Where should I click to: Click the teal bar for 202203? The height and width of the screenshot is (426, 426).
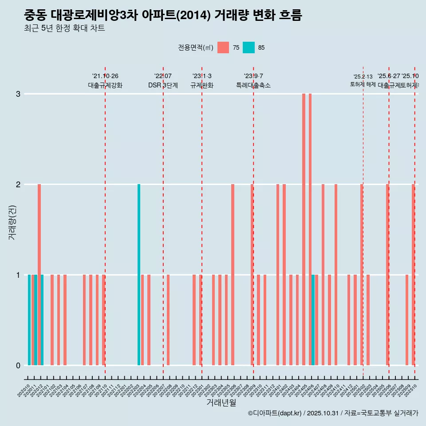pyautogui.click(x=139, y=275)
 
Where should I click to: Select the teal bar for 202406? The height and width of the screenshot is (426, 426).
pyautogui.click(x=313, y=320)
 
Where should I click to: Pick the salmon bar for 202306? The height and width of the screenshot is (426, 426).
pyautogui.click(x=233, y=275)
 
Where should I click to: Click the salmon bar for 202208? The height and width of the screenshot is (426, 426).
pyautogui.click(x=168, y=320)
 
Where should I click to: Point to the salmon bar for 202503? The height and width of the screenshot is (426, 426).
pyautogui.click(x=368, y=320)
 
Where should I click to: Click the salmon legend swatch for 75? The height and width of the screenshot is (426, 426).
pyautogui.click(x=223, y=47)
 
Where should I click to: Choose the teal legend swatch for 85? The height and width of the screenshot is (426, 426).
pyautogui.click(x=249, y=47)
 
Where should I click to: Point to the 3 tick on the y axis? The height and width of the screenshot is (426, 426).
pyautogui.click(x=18, y=94)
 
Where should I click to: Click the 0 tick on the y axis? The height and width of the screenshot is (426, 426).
pyautogui.click(x=18, y=365)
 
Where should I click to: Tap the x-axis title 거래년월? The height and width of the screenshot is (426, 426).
pyautogui.click(x=221, y=403)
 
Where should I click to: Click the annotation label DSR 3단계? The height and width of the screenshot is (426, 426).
pyautogui.click(x=163, y=85)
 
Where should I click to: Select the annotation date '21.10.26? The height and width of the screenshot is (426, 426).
pyautogui.click(x=105, y=76)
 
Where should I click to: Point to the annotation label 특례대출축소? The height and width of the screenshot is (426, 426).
pyautogui.click(x=253, y=85)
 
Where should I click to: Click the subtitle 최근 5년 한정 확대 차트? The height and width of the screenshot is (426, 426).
pyautogui.click(x=64, y=28)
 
